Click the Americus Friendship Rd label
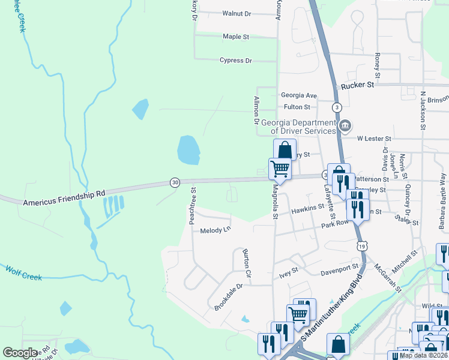point(64,198)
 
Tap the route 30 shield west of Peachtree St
point(175,182)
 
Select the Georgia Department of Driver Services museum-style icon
point(346,126)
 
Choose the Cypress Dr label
point(236,61)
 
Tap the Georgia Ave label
point(299,95)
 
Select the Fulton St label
point(297,107)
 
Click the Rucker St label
point(357,86)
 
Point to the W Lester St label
point(374,139)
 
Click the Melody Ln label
point(215,230)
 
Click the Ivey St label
point(289,271)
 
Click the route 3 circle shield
point(338,107)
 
